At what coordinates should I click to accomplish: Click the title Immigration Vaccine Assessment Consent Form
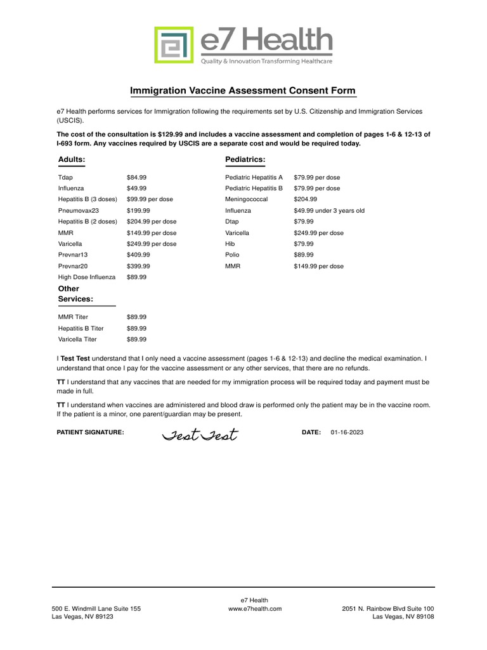243,91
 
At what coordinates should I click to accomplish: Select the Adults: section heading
71,159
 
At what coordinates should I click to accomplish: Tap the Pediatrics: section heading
245,159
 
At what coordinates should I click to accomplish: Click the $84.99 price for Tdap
136,178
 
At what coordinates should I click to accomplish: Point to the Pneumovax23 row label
79,211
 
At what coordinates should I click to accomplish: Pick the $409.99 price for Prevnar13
138,255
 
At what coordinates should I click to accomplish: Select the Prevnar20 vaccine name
74,266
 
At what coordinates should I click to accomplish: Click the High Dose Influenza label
87,277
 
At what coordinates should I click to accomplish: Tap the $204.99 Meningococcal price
306,199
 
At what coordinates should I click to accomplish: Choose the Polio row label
231,255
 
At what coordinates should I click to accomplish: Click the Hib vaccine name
230,244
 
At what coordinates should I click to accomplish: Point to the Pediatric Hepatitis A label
254,178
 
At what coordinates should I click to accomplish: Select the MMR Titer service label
73,317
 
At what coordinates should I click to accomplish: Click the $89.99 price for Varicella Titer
136,340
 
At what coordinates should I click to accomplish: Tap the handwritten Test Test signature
199,435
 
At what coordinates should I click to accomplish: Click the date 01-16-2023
347,432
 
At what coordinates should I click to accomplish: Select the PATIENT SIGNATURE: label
91,432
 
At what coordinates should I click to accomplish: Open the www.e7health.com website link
254,608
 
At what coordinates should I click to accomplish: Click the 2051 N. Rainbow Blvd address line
387,608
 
